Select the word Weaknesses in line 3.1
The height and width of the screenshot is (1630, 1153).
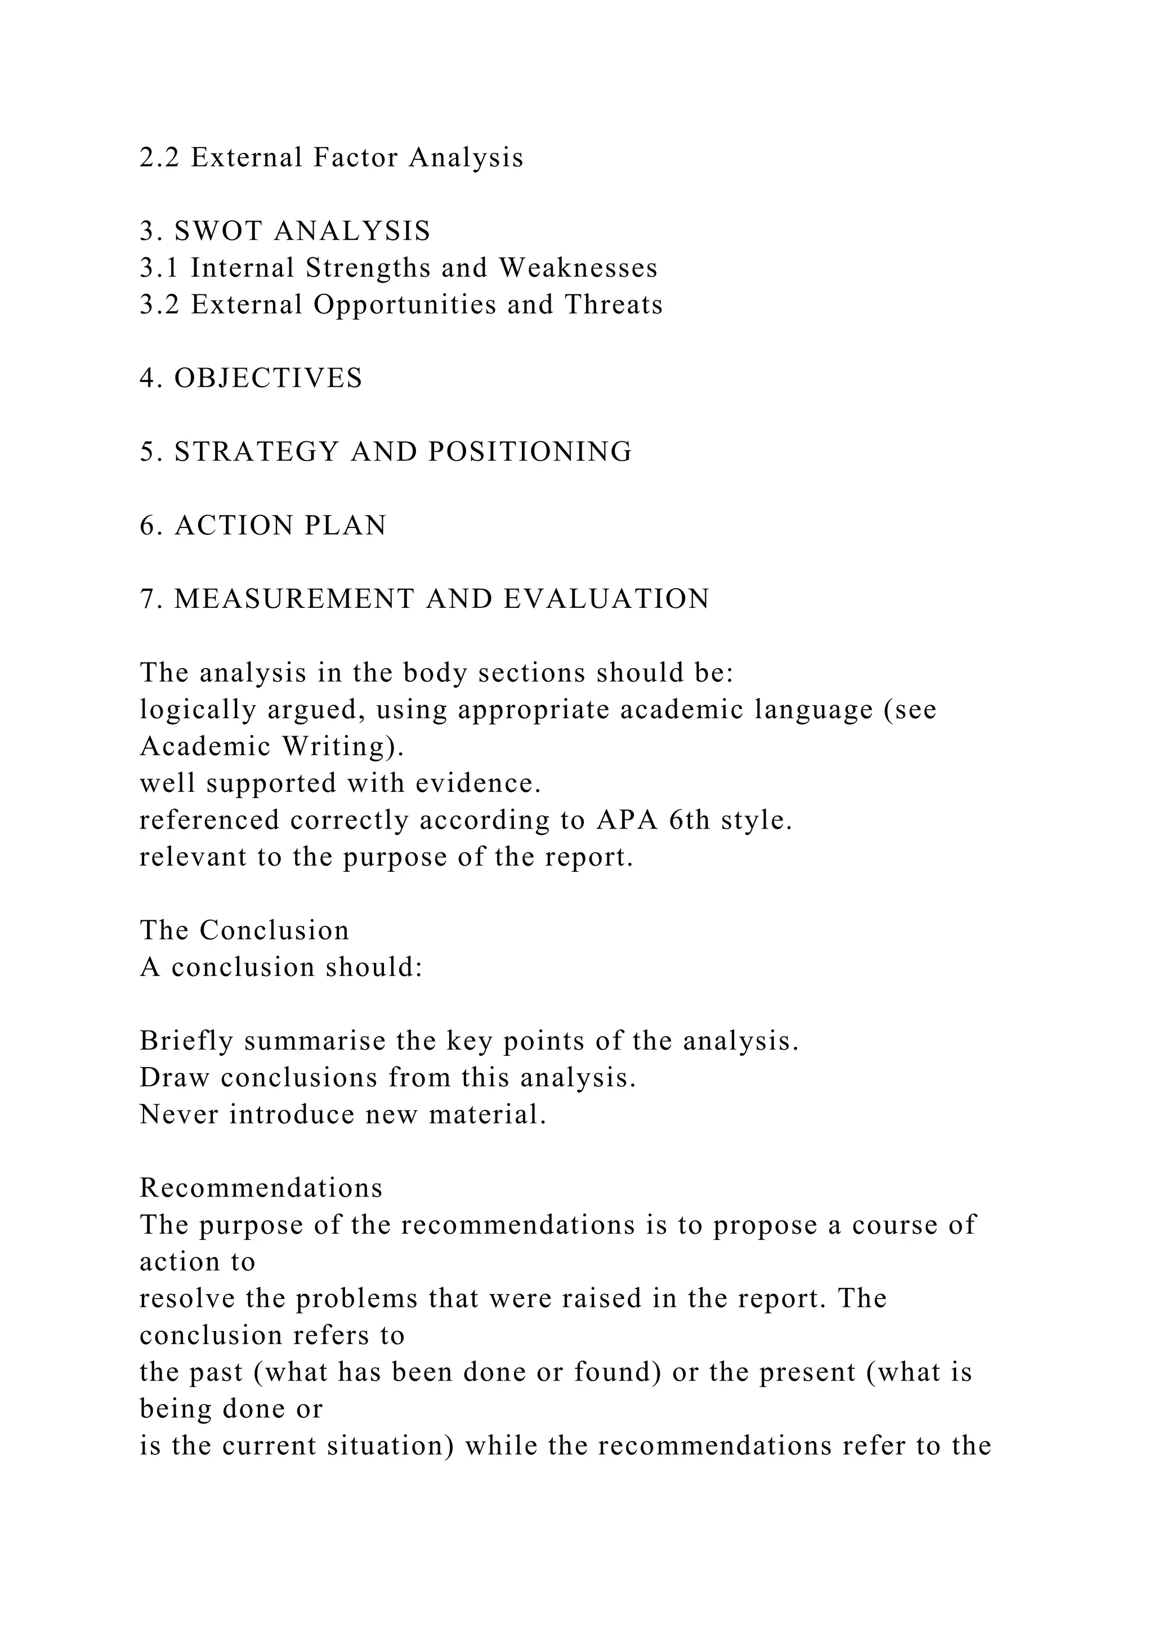[x=578, y=268]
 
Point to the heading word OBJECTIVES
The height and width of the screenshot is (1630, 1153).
[x=269, y=378]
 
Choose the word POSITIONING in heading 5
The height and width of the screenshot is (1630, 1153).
[x=529, y=451]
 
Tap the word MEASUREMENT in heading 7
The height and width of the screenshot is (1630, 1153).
[x=294, y=599]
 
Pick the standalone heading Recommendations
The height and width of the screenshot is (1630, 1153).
[x=261, y=1188]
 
